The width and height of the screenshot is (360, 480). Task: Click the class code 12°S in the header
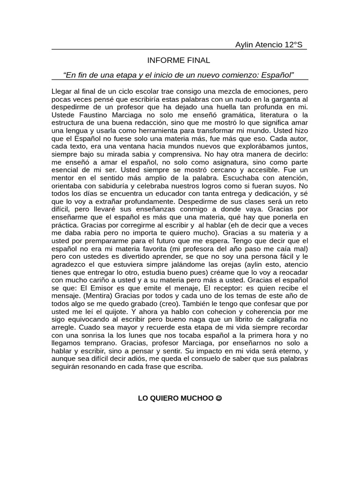(293, 45)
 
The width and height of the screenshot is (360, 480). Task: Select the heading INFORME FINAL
(179, 60)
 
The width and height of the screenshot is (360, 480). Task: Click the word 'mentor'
(63, 179)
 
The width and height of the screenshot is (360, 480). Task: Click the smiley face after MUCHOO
(218, 398)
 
